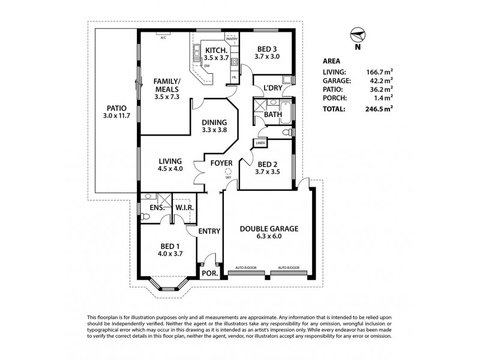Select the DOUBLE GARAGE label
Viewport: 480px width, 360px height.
[x=269, y=229]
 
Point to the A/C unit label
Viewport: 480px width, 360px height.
[x=163, y=36]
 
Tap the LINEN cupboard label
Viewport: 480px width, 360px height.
[x=260, y=143]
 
